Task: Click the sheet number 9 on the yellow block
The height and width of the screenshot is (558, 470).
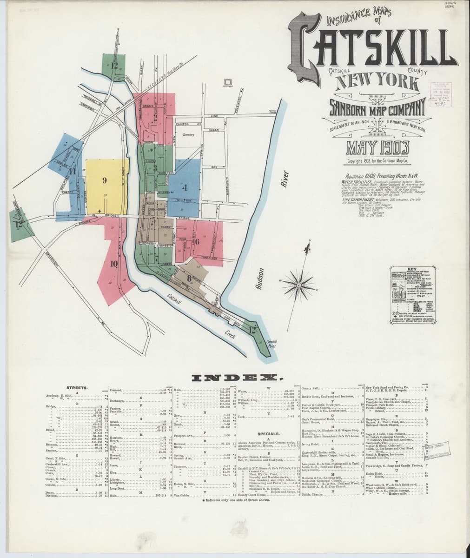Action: pos(105,180)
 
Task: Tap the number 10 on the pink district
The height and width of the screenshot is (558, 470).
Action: pos(113,263)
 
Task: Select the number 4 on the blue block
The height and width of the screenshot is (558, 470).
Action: pos(185,188)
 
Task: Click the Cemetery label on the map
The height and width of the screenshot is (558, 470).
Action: pos(188,135)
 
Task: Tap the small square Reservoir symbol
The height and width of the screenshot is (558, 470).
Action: pos(228,80)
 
